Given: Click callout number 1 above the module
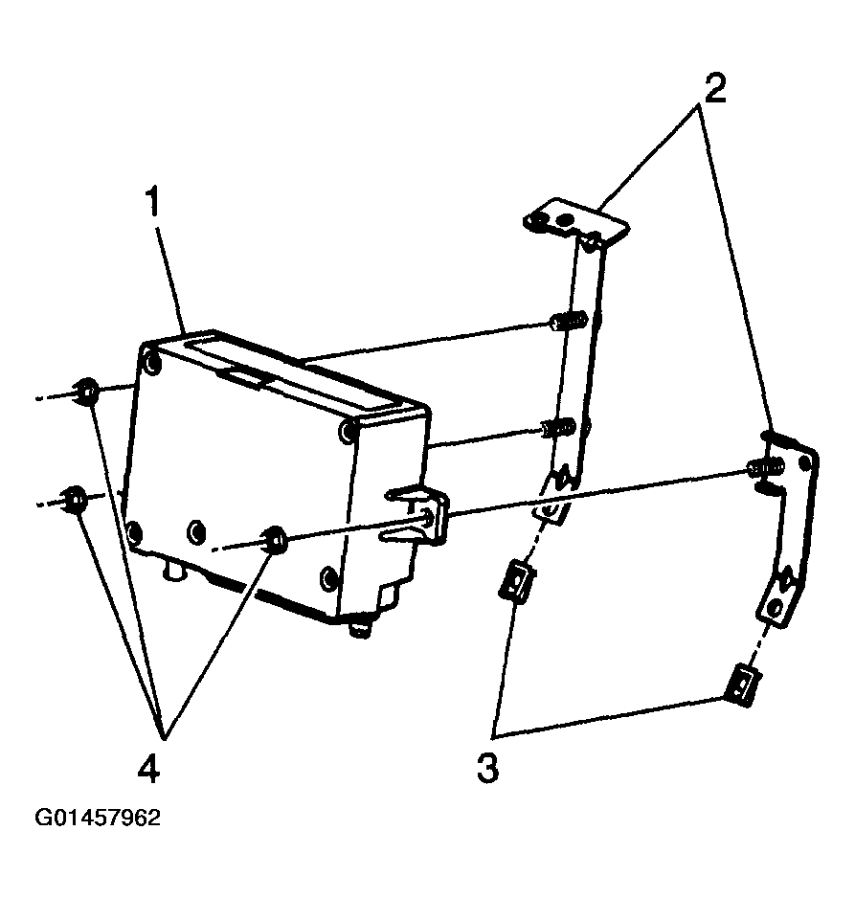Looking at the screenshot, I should pyautogui.click(x=154, y=206).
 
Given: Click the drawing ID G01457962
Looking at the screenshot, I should pyautogui.click(x=98, y=819).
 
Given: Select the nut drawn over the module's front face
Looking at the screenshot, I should pyautogui.click(x=273, y=541).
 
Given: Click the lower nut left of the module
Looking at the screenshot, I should pyautogui.click(x=73, y=498).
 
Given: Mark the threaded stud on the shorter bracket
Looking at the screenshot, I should pyautogui.click(x=761, y=468).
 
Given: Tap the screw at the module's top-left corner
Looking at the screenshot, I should pyautogui.click(x=152, y=362).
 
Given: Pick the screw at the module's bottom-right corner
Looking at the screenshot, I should pyautogui.click(x=328, y=579).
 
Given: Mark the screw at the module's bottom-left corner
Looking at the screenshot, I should pyautogui.click(x=136, y=528).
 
